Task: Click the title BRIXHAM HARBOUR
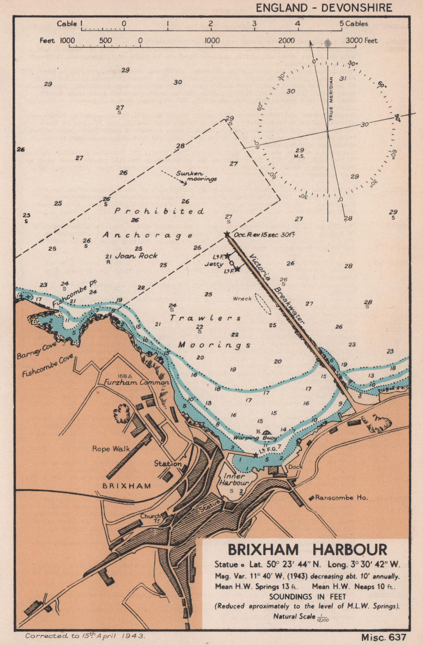pos(308,550)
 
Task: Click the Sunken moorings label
pos(196,176)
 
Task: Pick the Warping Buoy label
pos(257,438)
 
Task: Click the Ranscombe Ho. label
pos(341,498)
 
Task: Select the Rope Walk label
pos(111,449)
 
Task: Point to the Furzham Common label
pos(136,382)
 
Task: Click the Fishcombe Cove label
pos(47,366)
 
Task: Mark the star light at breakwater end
pos(227,234)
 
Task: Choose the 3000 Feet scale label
pos(361,41)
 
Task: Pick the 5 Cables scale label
pos(354,24)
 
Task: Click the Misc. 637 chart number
pos(383,637)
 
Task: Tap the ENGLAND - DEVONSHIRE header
pos(324,8)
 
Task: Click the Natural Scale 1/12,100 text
pos(301,617)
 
